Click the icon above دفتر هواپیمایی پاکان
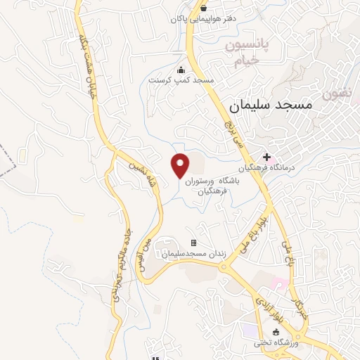(x=204, y=8)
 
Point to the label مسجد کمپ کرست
(x=181, y=81)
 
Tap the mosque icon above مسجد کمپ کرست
(x=181, y=70)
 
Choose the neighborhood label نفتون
(x=337, y=93)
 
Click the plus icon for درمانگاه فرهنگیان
(x=266, y=157)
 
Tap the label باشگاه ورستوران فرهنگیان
(x=214, y=185)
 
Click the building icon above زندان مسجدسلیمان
(x=193, y=243)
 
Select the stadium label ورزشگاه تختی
(x=276, y=343)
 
